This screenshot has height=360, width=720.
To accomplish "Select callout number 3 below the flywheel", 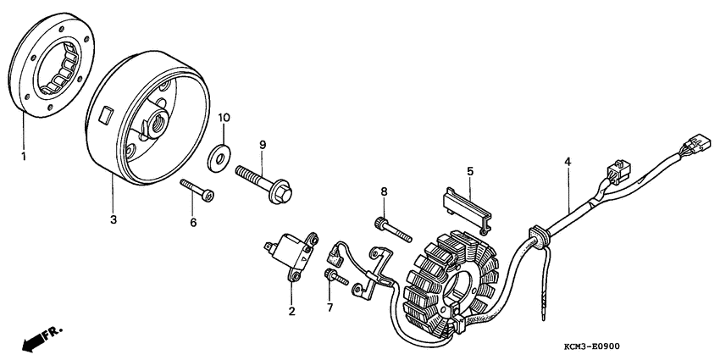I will (x=114, y=219).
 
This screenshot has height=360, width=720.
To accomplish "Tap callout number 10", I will (x=224, y=116).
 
